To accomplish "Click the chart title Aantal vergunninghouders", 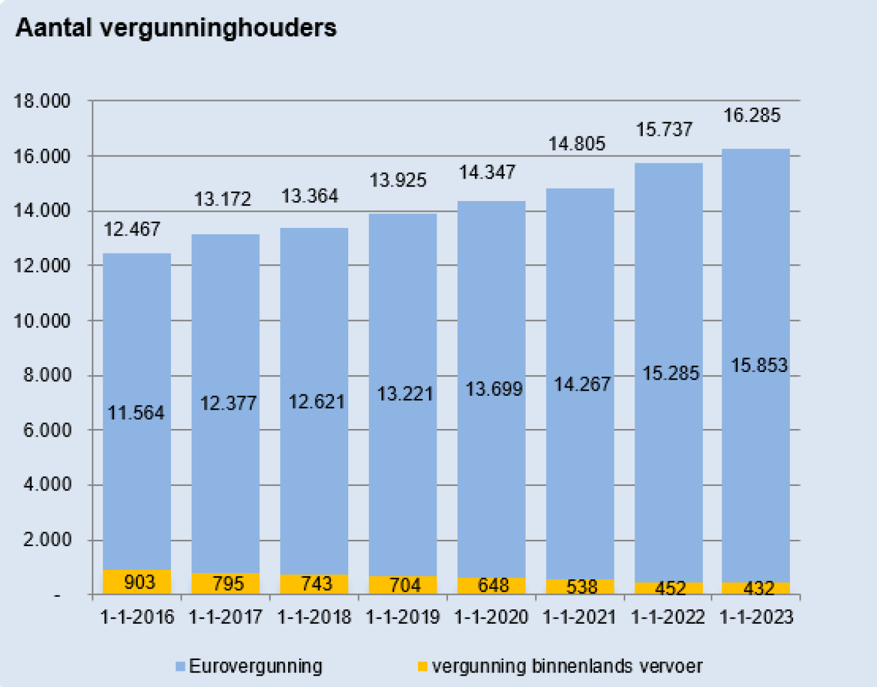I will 176,28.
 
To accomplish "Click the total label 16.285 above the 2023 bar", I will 752,115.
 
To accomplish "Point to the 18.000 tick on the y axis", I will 43,101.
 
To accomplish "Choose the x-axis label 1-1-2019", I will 403,617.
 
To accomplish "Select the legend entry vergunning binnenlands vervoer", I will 566,666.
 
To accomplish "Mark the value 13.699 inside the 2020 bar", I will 494,389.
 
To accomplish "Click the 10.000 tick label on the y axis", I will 43,321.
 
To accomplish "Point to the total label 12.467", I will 132,229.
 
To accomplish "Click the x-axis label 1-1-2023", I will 757,617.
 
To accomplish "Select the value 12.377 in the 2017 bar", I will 228,403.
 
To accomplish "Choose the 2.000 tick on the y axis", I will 47,540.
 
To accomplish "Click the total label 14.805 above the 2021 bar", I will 577,144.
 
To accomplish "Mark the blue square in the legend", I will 180,667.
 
